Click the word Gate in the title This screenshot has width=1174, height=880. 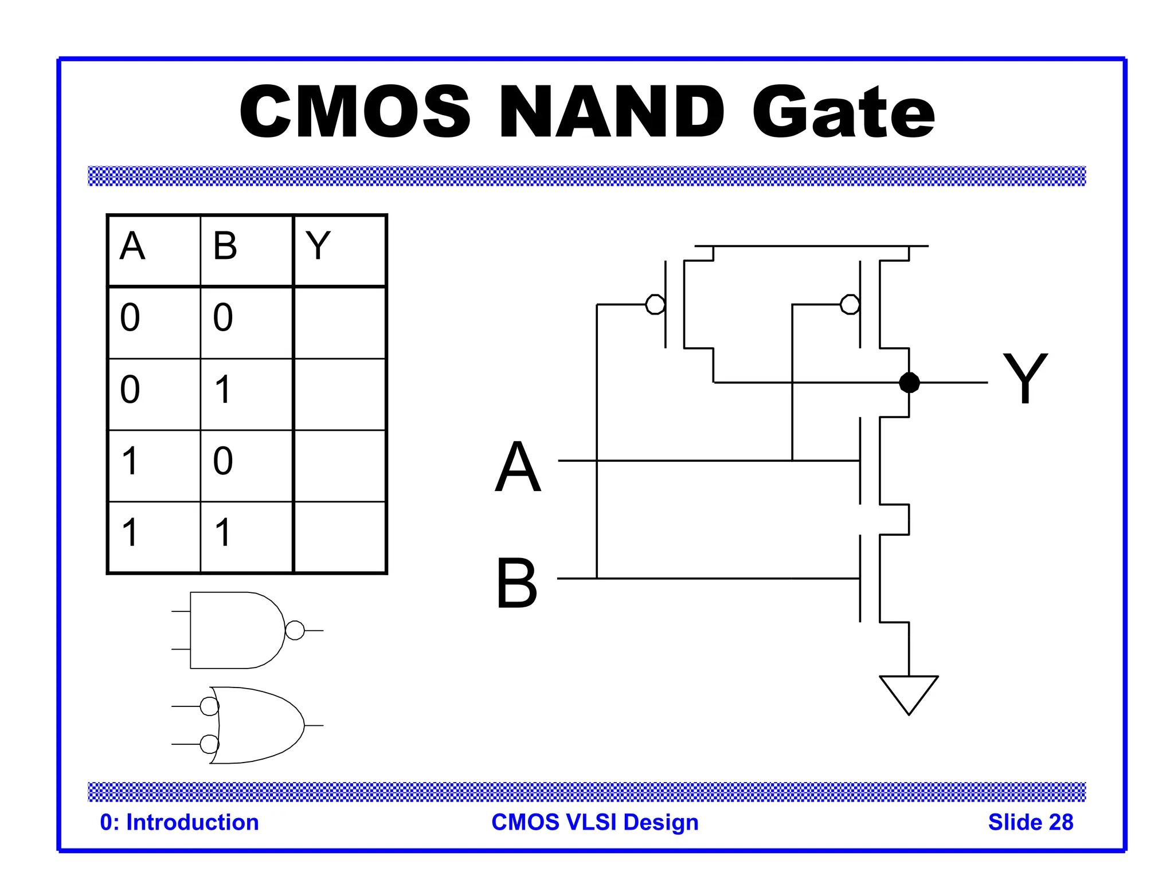click(843, 112)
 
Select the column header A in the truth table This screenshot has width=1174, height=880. click(132, 246)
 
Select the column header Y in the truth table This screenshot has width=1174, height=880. click(318, 246)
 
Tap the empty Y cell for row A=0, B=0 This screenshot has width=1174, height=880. click(339, 323)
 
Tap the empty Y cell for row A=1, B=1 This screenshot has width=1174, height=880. click(339, 537)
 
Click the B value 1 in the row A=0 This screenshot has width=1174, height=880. click(223, 390)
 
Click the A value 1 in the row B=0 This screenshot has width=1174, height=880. click(130, 461)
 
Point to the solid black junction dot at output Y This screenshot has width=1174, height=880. click(909, 382)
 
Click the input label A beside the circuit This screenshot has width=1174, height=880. click(518, 467)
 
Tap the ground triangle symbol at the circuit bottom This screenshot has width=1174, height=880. click(909, 692)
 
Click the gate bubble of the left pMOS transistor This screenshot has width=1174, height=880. click(655, 305)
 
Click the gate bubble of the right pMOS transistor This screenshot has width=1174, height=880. click(850, 305)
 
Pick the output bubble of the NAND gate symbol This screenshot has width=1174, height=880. click(295, 630)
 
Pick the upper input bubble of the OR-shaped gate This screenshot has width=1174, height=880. click(209, 706)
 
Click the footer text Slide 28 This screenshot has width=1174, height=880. click(1030, 822)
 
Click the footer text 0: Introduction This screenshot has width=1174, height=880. click(179, 822)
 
